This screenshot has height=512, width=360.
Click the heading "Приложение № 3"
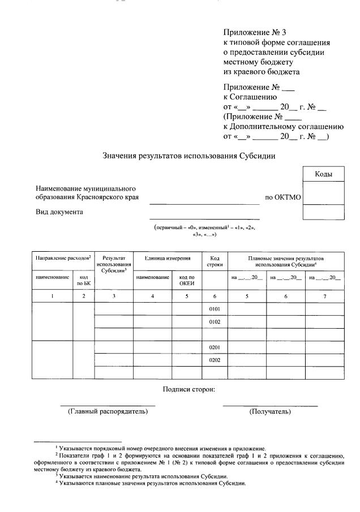point(251,32)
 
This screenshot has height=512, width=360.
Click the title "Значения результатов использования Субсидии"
point(189,156)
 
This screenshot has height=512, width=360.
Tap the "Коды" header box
point(323,174)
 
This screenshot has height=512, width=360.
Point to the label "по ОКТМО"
point(283,198)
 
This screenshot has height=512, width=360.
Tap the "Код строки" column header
point(215,261)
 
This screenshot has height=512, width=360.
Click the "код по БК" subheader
point(83,280)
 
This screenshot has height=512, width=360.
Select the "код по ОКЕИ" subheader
point(187,280)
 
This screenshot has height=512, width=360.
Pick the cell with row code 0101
point(215,309)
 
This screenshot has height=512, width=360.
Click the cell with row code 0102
point(215,321)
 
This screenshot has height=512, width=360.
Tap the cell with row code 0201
point(215,347)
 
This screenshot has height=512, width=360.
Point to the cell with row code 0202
point(215,360)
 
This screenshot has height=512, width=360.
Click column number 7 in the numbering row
point(324,296)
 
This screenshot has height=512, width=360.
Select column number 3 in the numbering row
point(114,296)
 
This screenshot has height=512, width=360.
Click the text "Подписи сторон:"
point(188,389)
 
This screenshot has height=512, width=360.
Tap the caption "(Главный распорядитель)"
point(108,411)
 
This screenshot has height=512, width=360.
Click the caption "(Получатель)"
point(270,411)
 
